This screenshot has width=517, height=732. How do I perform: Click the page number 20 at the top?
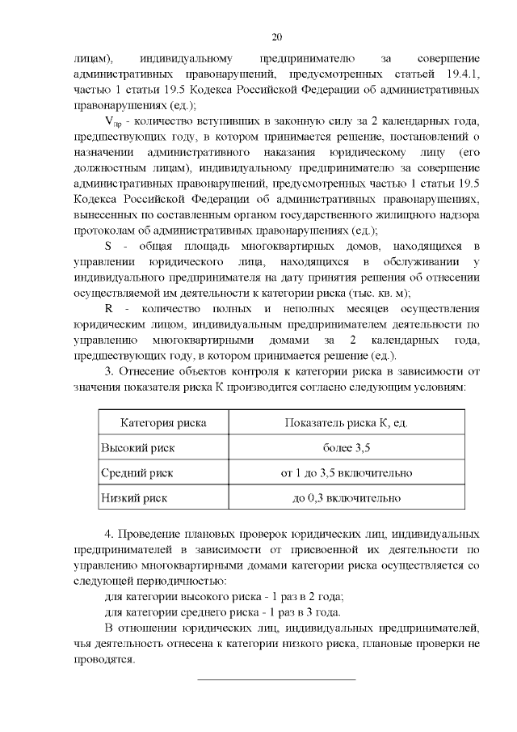coord(276,37)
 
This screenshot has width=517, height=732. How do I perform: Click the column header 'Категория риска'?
coord(162,423)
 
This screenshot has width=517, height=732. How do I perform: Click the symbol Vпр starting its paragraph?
coord(113,122)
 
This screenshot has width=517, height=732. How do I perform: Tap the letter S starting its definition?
coord(110,245)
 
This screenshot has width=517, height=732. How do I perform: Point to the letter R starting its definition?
coord(110,311)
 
